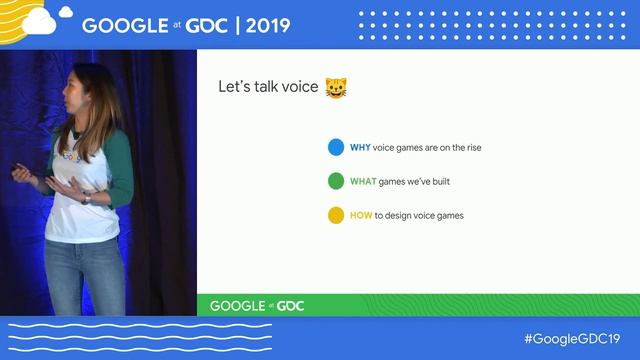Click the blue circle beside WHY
(x=336, y=148)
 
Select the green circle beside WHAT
(x=336, y=182)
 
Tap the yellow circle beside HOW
(x=336, y=215)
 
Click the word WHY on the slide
(x=360, y=148)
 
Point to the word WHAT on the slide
(x=362, y=182)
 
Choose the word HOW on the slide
(x=361, y=215)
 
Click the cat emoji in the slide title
(x=335, y=87)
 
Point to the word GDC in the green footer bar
(x=290, y=305)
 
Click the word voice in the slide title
(x=299, y=87)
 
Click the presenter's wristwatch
(x=86, y=198)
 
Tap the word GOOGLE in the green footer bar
(x=237, y=305)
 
